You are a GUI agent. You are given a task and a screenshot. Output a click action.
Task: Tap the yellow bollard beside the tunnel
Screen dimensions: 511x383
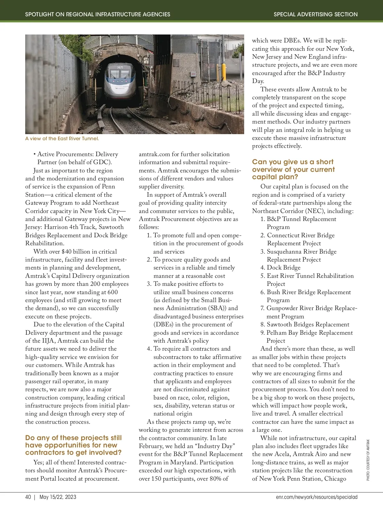coord(224,72)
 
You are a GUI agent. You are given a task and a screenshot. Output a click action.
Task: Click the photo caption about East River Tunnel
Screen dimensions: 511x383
coord(62,139)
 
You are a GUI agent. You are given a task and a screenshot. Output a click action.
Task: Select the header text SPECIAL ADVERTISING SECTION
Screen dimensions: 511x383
coord(315,14)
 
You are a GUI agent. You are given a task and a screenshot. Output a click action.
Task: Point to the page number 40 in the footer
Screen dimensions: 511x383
coord(28,497)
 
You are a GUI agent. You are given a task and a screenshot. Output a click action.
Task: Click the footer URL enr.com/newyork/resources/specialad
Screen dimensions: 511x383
coord(317,497)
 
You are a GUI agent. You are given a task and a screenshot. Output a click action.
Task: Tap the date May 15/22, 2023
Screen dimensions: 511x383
coord(58,497)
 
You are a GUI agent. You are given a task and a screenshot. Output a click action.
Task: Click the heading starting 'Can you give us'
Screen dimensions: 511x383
coord(293,169)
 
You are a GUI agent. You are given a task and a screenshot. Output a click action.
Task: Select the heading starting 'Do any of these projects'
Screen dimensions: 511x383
coord(73,445)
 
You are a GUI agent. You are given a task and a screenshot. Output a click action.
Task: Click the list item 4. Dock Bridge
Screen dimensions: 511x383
coord(281,268)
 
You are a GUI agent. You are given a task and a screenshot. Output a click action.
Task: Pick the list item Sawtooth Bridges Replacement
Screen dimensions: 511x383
coord(305,324)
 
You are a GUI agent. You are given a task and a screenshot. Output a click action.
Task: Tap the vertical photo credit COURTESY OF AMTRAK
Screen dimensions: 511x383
coord(368,460)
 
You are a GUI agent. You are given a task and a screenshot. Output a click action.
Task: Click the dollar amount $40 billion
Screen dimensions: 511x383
coord(77,252)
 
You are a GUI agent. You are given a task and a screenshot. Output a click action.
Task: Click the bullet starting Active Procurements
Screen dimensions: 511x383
coord(76,158)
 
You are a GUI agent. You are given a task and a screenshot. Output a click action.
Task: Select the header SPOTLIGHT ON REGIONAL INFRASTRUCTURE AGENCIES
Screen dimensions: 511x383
coord(98,14)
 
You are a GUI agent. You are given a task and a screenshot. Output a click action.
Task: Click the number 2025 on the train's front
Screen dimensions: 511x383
coord(120,68)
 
